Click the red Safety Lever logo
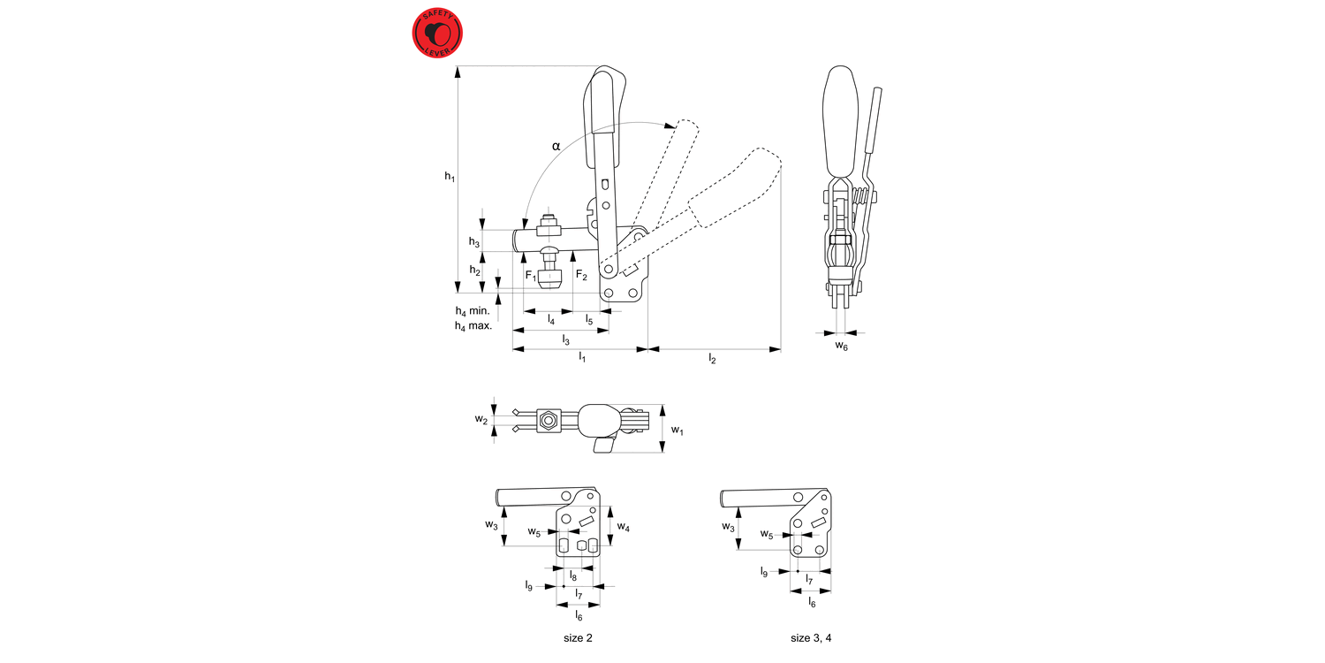(x=438, y=34)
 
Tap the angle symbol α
(x=556, y=145)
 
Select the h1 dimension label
(x=449, y=177)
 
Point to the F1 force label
(x=531, y=276)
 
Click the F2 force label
(x=581, y=276)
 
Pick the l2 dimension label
(x=712, y=358)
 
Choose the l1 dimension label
(x=581, y=358)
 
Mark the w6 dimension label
(x=842, y=347)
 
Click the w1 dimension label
(x=677, y=431)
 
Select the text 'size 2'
(x=578, y=637)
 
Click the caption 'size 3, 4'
(x=811, y=637)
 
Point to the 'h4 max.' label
(x=473, y=326)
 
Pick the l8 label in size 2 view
(x=573, y=575)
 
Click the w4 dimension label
(x=624, y=527)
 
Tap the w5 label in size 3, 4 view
(x=766, y=534)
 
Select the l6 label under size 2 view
(x=579, y=615)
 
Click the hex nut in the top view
(x=549, y=420)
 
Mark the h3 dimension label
(x=473, y=241)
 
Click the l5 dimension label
(x=589, y=319)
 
